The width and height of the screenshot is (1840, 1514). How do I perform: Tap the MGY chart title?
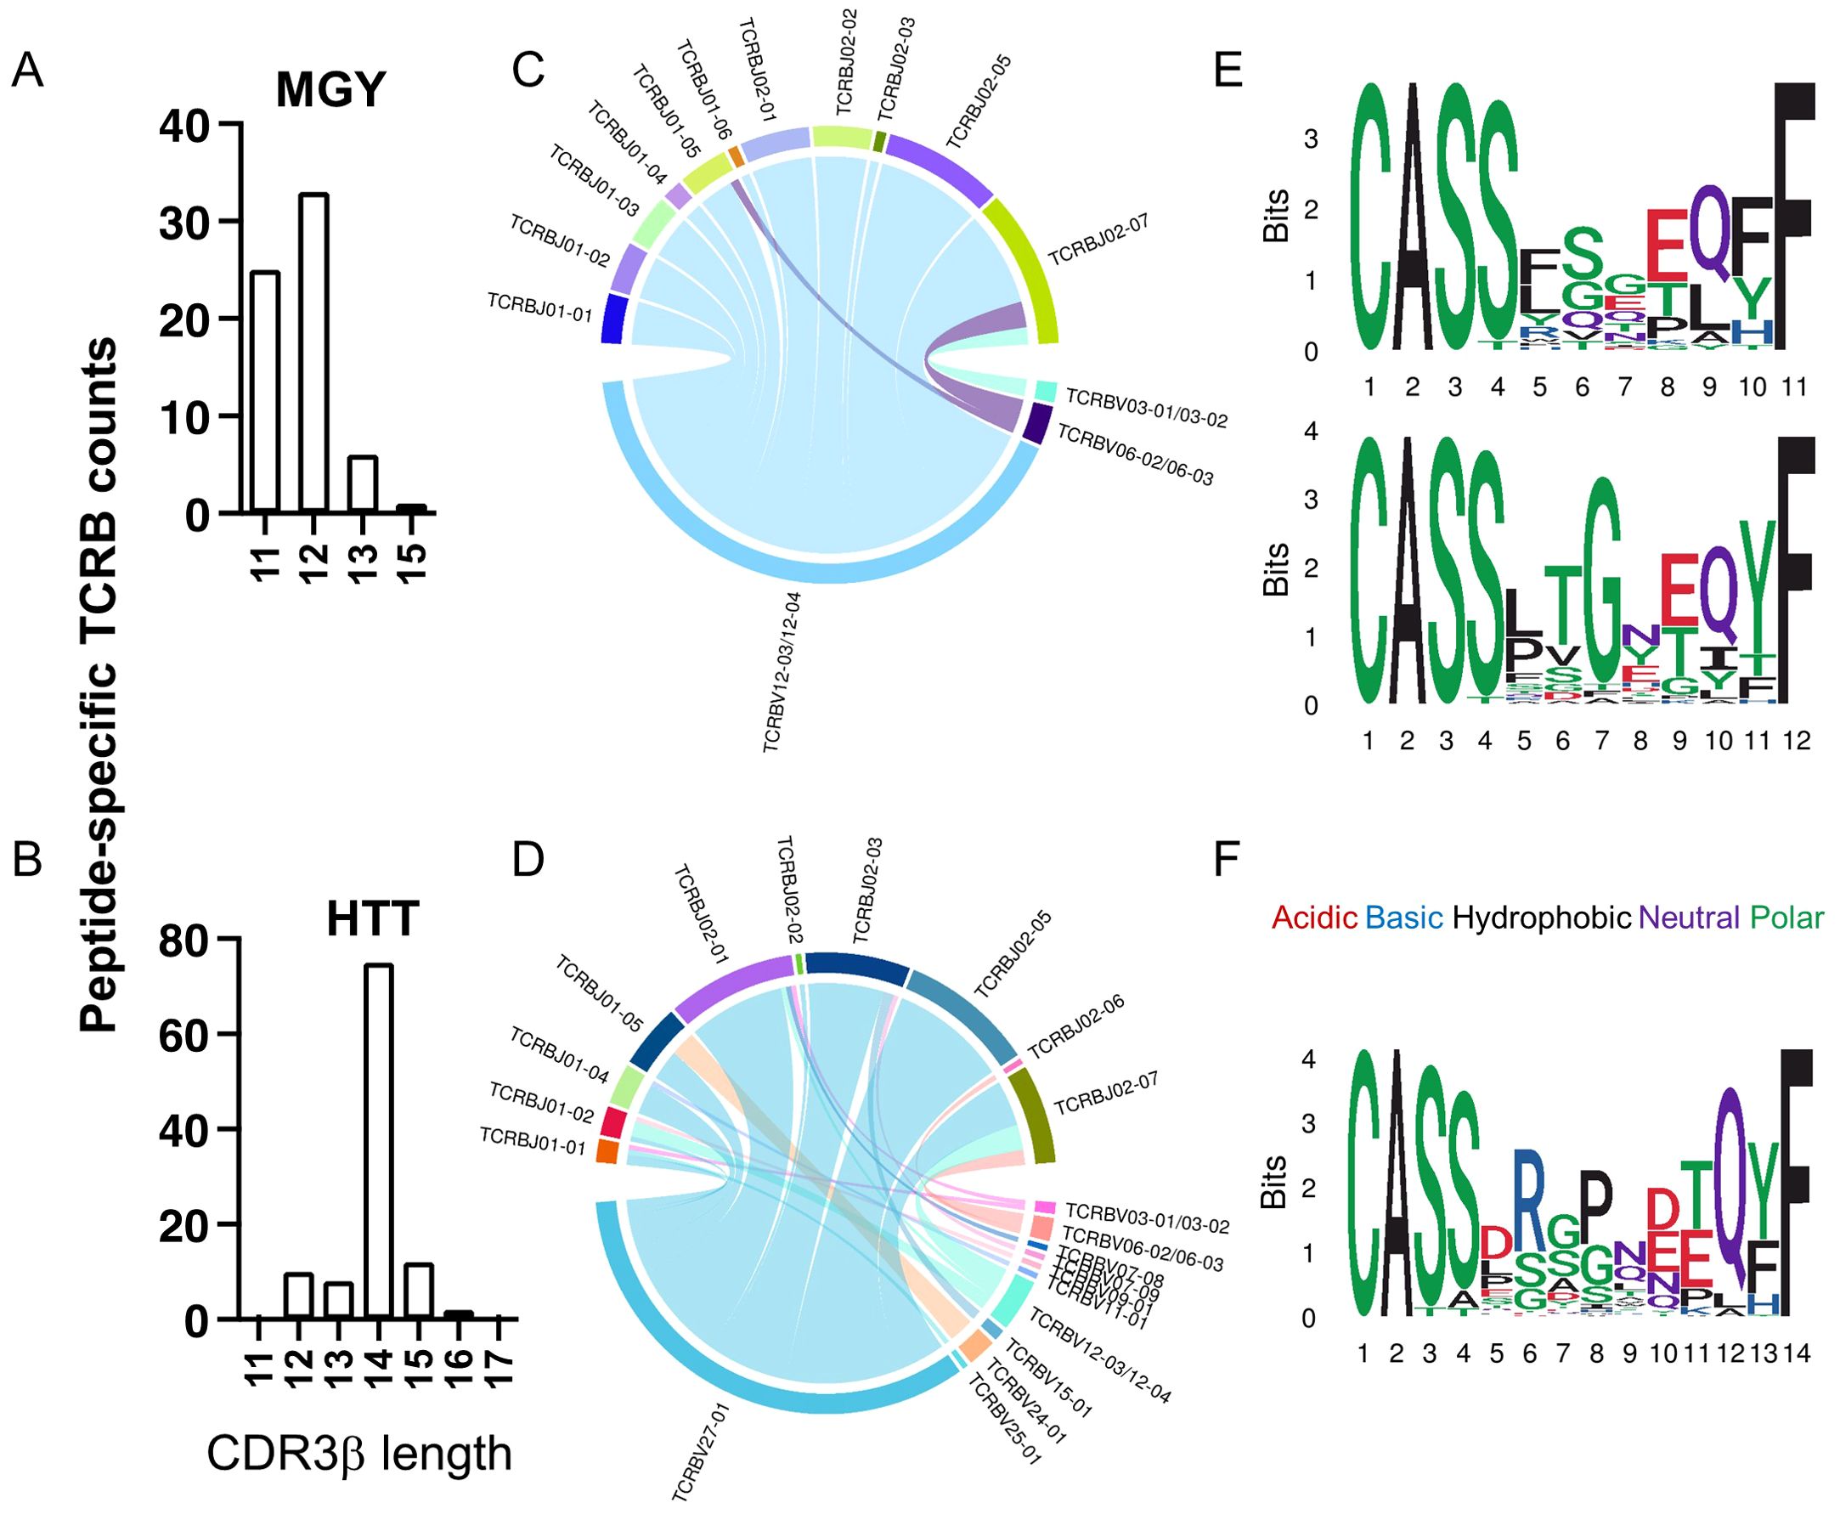[330, 89]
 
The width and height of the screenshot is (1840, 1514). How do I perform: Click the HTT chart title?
[373, 919]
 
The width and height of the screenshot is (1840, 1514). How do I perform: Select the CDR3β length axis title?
[358, 1455]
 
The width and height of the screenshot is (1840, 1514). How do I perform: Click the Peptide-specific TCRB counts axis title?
[99, 685]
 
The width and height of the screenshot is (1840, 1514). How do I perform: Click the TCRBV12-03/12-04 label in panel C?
[782, 672]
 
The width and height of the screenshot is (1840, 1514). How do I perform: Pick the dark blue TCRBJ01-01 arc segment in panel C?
[615, 320]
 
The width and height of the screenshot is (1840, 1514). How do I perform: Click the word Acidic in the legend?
[1313, 918]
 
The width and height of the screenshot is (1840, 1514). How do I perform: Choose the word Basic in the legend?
[1403, 918]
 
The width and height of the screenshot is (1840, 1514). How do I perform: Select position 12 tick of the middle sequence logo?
[1797, 742]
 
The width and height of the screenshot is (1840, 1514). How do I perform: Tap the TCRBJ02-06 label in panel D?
[1076, 1026]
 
